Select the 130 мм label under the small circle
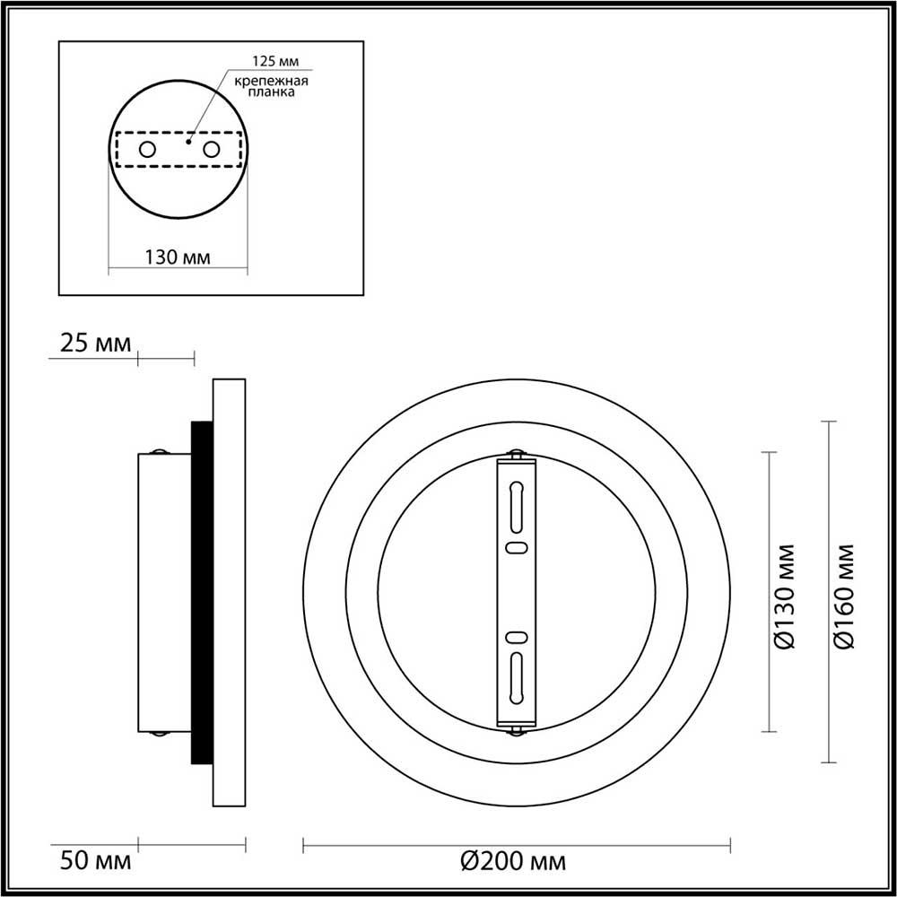[178, 257]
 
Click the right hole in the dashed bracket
[211, 149]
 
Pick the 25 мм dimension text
[94, 344]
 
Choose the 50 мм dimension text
[94, 863]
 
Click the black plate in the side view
[202, 592]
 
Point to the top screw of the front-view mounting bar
[516, 456]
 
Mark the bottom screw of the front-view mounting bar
[516, 729]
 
